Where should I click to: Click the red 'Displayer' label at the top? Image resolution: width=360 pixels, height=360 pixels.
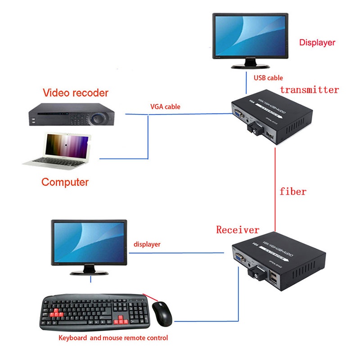[x=317, y=43]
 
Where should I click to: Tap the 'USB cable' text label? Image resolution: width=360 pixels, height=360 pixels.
[x=268, y=78]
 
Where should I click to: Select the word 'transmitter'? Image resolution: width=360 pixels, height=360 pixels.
[x=309, y=90]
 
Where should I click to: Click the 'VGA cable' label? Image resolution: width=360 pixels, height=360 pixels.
[x=165, y=107]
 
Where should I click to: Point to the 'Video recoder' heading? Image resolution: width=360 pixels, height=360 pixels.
[x=76, y=93]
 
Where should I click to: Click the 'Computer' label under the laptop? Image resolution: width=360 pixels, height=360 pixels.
[x=65, y=182]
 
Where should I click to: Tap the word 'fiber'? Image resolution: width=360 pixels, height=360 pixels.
[x=292, y=191]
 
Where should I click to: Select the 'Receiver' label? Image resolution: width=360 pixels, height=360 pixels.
[x=238, y=230]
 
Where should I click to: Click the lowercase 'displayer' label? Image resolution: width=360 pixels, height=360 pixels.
[x=147, y=244]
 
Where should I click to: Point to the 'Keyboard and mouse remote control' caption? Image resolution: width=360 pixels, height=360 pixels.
[x=113, y=337]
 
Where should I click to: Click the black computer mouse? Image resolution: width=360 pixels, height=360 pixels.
[x=162, y=314]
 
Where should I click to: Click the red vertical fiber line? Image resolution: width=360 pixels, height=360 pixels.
[x=274, y=189]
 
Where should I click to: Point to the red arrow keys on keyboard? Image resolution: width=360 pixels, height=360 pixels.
[x=121, y=320]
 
